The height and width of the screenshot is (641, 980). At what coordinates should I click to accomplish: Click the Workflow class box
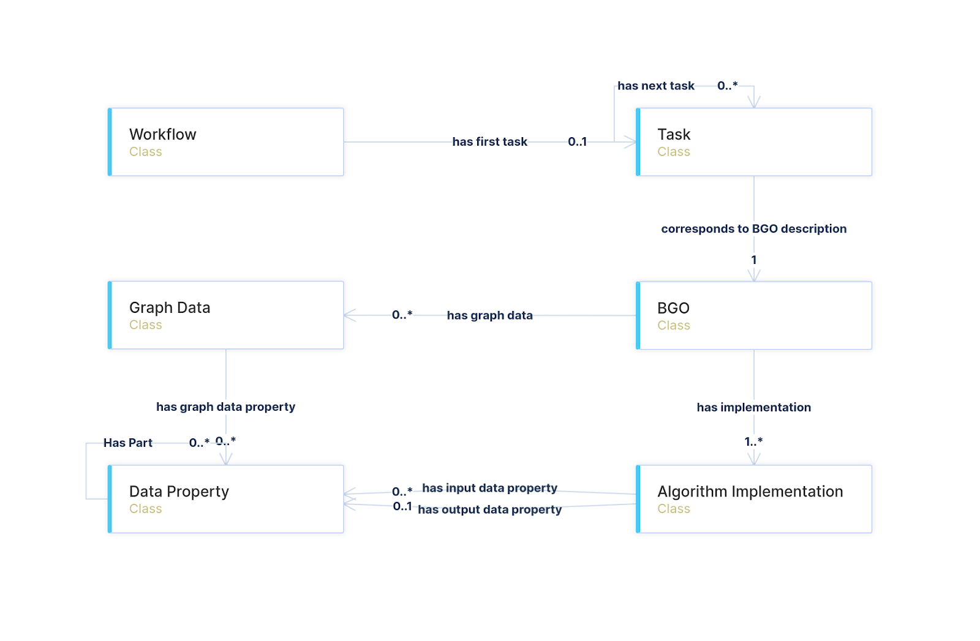click(226, 142)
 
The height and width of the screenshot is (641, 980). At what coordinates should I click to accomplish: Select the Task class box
click(755, 142)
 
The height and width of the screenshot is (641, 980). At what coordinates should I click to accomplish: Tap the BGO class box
click(755, 315)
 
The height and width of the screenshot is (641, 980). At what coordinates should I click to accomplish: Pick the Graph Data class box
click(226, 315)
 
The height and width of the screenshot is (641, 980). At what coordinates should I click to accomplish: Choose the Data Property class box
click(226, 499)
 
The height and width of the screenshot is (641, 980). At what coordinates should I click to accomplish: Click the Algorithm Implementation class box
click(755, 499)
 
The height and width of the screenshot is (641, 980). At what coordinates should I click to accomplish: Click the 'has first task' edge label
click(490, 142)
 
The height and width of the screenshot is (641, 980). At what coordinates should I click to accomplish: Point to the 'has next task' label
click(656, 86)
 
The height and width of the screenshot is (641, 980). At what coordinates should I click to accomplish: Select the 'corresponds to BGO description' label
click(754, 229)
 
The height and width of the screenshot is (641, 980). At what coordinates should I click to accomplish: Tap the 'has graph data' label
click(490, 315)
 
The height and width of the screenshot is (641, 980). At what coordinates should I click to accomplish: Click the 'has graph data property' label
click(226, 407)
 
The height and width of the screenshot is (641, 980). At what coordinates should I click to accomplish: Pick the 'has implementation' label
click(754, 408)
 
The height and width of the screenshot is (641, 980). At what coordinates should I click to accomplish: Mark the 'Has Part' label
click(128, 443)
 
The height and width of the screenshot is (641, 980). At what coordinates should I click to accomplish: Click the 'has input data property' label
click(490, 488)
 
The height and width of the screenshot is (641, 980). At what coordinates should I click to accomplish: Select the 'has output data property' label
click(490, 509)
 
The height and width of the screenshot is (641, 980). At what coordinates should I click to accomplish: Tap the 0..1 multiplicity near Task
click(577, 142)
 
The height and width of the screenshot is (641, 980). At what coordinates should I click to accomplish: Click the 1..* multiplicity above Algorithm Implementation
click(754, 441)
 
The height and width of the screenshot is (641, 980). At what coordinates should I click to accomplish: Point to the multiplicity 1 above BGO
click(754, 260)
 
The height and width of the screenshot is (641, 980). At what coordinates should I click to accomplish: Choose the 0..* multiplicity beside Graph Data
click(402, 315)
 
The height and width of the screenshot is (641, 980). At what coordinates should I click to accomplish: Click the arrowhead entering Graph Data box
click(349, 315)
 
